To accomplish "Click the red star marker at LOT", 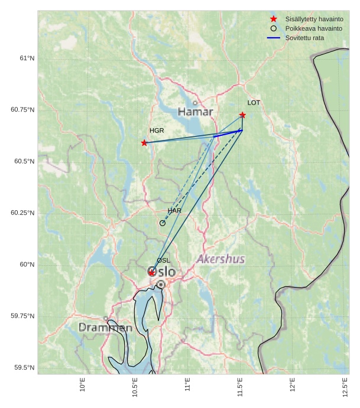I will pyautogui.click(x=242, y=115).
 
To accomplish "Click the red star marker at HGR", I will pyautogui.click(x=144, y=143).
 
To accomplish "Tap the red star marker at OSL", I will pyautogui.click(x=152, y=273).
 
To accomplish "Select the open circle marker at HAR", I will pyautogui.click(x=163, y=223).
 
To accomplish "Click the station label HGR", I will pyautogui.click(x=157, y=130).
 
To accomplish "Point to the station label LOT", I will pyautogui.click(x=254, y=103).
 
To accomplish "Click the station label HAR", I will pyautogui.click(x=174, y=211).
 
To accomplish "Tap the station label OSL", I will pyautogui.click(x=163, y=260).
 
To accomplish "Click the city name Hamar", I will pyautogui.click(x=195, y=112).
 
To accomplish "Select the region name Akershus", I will pyautogui.click(x=220, y=259).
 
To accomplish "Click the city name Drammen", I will pyautogui.click(x=105, y=328).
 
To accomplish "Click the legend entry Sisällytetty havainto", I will pyautogui.click(x=314, y=19).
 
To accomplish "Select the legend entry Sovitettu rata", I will pyautogui.click(x=304, y=38).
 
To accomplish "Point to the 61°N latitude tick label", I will pyautogui.click(x=27, y=58).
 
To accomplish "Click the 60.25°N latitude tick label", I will pyautogui.click(x=22, y=213).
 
